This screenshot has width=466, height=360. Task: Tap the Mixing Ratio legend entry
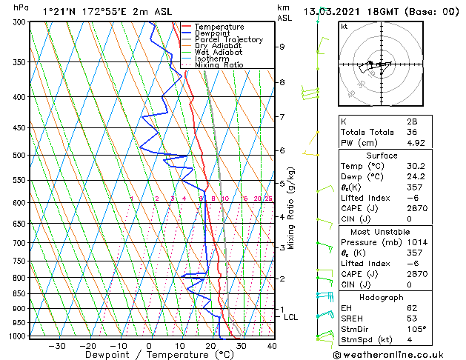tap(219, 65)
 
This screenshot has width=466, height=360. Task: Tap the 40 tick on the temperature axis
tap(272, 346)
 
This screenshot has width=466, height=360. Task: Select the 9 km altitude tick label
tap(282, 47)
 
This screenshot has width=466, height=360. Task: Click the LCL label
tap(291, 317)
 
